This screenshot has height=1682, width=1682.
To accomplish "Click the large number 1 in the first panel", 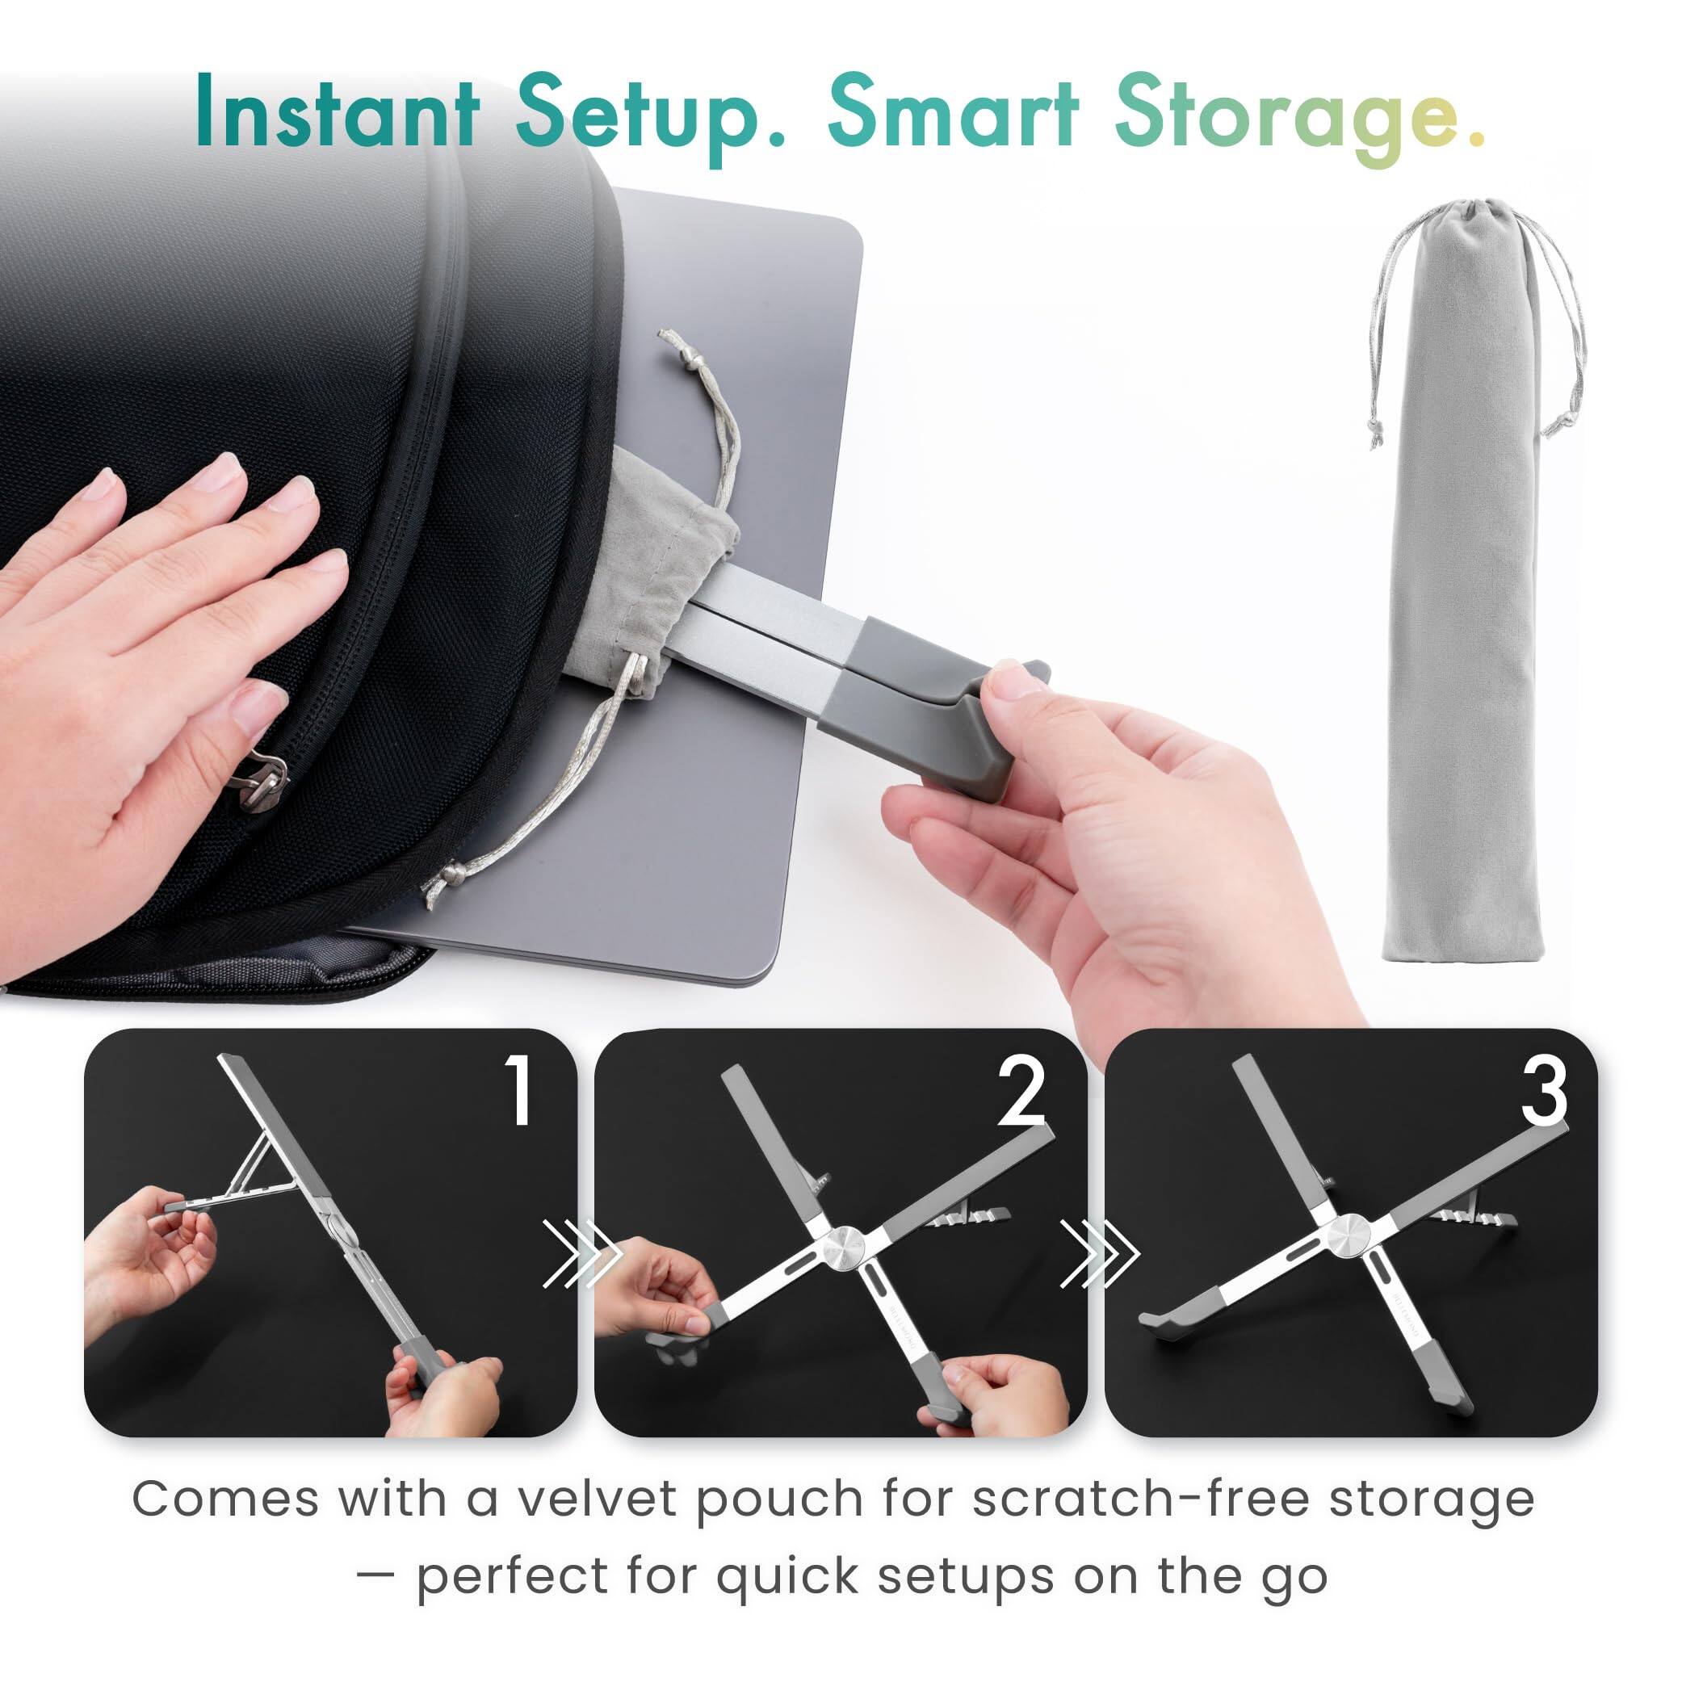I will click(x=521, y=1092).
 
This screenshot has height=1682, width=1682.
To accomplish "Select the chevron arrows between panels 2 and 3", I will click(x=1099, y=1255).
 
